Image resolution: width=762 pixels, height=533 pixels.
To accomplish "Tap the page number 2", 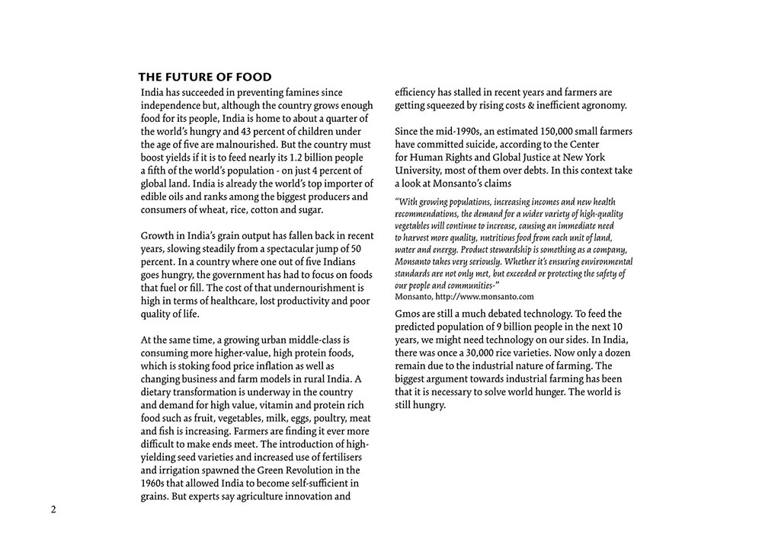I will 53,509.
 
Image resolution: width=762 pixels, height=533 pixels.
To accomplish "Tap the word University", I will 421,170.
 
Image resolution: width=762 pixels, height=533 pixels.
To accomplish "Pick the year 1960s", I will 155,483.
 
